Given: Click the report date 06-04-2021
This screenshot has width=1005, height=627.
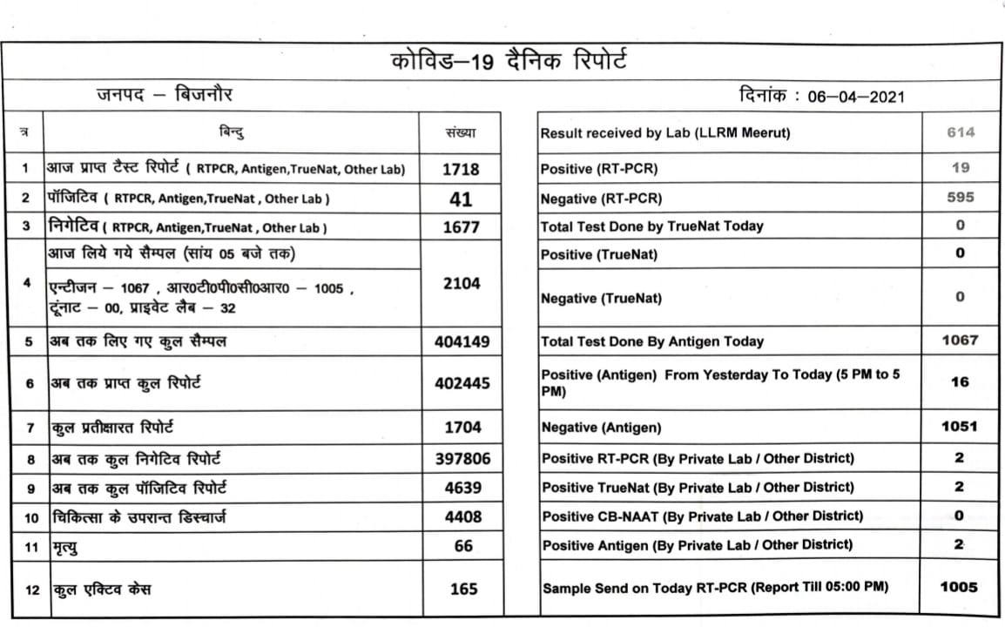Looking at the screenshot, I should (x=856, y=96).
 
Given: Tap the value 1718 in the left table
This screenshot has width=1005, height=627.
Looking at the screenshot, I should (x=461, y=169).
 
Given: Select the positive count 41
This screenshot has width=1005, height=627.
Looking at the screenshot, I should (x=461, y=199).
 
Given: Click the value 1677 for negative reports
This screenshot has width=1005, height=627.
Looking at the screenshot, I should (x=461, y=227).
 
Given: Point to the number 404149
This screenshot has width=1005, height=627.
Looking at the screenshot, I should (x=462, y=342).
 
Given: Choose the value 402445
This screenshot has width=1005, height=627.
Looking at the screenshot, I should (x=462, y=383).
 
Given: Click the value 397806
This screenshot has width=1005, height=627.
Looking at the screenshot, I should (x=462, y=458).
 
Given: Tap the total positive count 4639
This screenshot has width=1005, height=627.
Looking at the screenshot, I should (x=462, y=488).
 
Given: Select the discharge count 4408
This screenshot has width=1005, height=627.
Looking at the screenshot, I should (x=462, y=517).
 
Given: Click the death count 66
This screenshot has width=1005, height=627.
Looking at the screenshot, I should (x=463, y=546).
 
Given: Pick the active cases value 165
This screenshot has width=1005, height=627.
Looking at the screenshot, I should (x=463, y=589).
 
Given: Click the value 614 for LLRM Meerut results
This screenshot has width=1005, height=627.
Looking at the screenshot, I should (x=960, y=133).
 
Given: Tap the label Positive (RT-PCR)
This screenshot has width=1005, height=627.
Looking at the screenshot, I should (x=598, y=169).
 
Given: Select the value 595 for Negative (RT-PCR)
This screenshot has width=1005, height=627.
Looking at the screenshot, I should (x=960, y=198).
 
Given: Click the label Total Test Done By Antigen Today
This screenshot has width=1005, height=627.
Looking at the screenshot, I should (x=652, y=341).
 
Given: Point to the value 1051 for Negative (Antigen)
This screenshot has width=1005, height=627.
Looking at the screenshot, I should (x=959, y=427).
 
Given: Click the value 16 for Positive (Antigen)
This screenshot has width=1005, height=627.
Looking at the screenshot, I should (x=959, y=381).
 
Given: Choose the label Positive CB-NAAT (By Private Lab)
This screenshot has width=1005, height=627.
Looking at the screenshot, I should (x=702, y=516).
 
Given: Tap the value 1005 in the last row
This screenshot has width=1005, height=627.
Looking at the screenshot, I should (x=959, y=587).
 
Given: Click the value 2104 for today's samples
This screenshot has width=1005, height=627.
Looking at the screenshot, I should (x=462, y=284).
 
